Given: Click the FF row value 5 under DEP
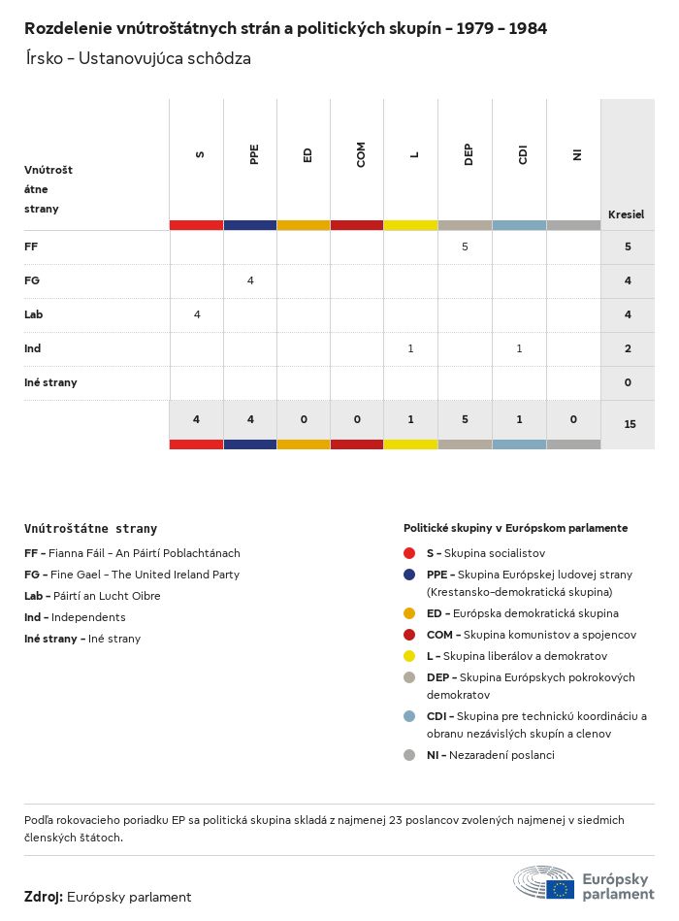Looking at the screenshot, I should pyautogui.click(x=465, y=247).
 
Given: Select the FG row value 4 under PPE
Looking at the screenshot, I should pyautogui.click(x=250, y=280).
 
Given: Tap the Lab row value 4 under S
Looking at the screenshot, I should pyautogui.click(x=197, y=314).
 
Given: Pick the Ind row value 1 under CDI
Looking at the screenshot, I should pyautogui.click(x=519, y=348).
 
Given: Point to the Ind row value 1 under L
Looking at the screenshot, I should pyautogui.click(x=411, y=348).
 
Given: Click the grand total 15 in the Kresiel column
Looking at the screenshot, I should pyautogui.click(x=630, y=424).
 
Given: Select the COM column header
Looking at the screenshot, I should pyautogui.click(x=361, y=154).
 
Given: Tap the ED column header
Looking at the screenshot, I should pyautogui.click(x=307, y=154).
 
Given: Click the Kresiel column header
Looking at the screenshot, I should pyautogui.click(x=626, y=214).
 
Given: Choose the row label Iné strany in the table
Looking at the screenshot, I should pyautogui.click(x=50, y=382).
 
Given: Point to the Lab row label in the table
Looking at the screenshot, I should pyautogui.click(x=34, y=314).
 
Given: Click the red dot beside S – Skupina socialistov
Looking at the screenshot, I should pyautogui.click(x=409, y=553).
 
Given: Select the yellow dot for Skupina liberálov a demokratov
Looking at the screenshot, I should pyautogui.click(x=409, y=656).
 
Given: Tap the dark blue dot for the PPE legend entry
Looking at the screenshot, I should pyautogui.click(x=409, y=575).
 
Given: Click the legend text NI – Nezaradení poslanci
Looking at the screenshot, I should pyautogui.click(x=490, y=755).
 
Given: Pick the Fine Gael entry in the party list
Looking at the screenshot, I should pyautogui.click(x=132, y=575).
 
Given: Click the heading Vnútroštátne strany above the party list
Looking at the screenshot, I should pyautogui.click(x=90, y=529).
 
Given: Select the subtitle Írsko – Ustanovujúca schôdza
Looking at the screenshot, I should pyautogui.click(x=138, y=58).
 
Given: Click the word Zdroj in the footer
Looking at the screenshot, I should pyautogui.click(x=44, y=897).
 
